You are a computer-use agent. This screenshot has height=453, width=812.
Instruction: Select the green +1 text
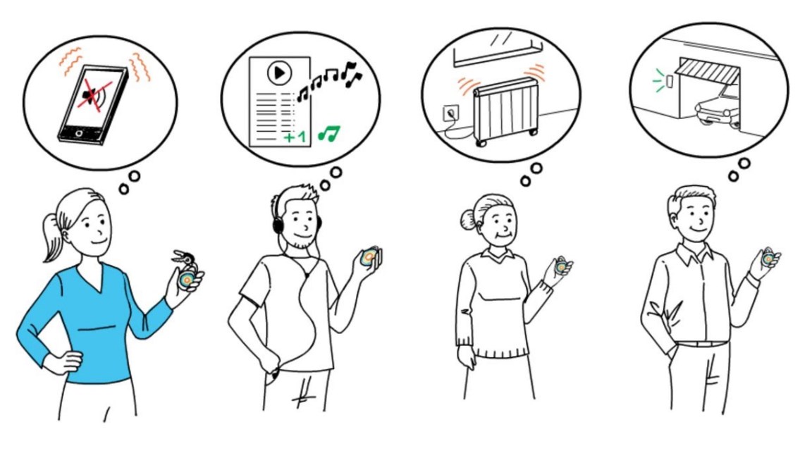[x=296, y=137]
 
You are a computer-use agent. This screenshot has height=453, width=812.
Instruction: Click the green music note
[x=328, y=132]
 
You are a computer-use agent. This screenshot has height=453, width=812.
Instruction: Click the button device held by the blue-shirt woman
[x=187, y=280]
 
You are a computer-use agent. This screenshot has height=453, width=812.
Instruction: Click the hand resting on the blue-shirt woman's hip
[x=60, y=361]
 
